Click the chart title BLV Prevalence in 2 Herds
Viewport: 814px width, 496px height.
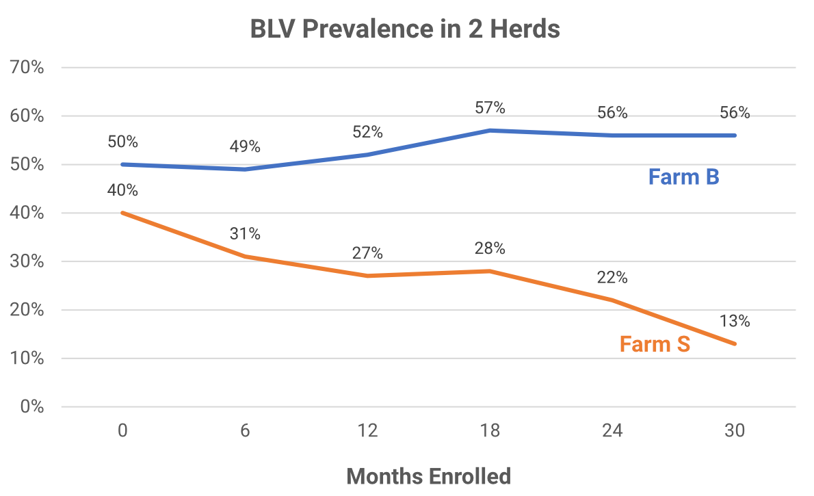405,29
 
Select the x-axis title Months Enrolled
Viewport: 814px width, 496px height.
428,475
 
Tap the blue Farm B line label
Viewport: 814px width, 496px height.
683,177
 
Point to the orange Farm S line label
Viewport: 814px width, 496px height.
655,344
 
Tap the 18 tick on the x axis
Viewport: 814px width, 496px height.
490,432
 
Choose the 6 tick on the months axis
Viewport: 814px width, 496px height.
245,432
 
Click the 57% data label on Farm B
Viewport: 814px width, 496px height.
490,107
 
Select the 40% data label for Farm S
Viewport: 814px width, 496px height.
122,190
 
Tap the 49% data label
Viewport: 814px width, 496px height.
245,146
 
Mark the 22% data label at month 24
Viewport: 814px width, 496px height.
612,277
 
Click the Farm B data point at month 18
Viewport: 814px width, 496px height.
490,130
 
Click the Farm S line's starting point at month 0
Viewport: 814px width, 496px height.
122,213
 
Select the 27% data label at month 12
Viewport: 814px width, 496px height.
367,253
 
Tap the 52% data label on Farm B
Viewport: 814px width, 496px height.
367,132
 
